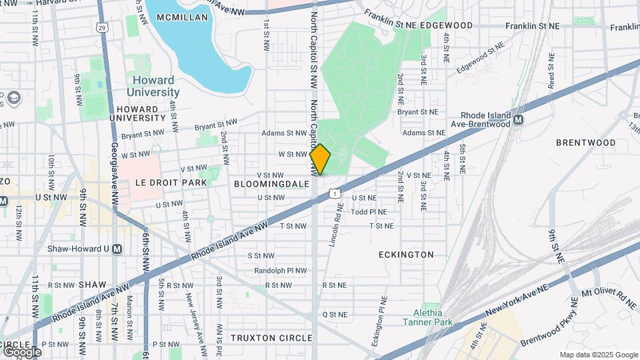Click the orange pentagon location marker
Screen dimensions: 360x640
pos(320,160)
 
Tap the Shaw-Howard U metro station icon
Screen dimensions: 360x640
pos(117,249)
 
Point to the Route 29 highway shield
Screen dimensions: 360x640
pos(101,27)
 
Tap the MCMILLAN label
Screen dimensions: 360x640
pos(177,17)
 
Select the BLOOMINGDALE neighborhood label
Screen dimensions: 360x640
pos(271,183)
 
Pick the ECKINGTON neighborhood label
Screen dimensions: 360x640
pos(406,255)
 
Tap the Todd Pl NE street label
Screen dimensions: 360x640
pos(369,211)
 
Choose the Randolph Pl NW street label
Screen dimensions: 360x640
pos(281,271)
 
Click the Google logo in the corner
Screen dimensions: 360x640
pos(21,351)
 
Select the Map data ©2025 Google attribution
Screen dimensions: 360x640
pos(598,355)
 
